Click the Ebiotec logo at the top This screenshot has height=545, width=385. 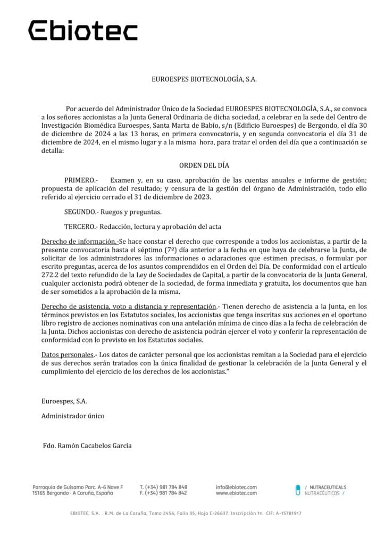pyautogui.click(x=82, y=31)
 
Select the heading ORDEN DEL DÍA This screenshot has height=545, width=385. pyautogui.click(x=197, y=165)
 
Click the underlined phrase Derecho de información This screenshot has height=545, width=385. pyautogui.click(x=78, y=241)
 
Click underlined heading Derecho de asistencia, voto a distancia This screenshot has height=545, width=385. pyautogui.click(x=128, y=306)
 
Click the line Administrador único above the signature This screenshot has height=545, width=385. pyautogui.click(x=73, y=416)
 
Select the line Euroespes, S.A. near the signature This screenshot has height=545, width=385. pyautogui.click(x=64, y=401)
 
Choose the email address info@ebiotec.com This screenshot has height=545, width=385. pyautogui.click(x=236, y=487)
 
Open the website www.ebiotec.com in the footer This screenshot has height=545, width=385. pyautogui.click(x=236, y=493)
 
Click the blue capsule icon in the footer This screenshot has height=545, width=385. pyautogui.click(x=298, y=490)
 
